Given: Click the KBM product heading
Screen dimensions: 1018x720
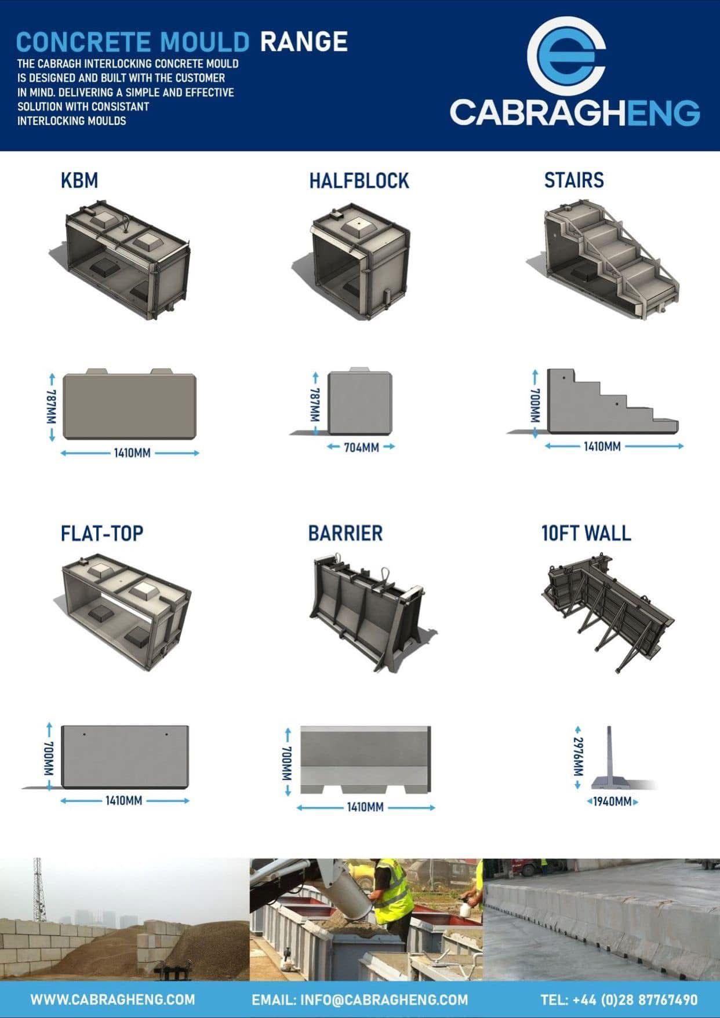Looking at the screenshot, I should (x=79, y=181).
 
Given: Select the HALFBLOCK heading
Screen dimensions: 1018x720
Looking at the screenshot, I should (x=359, y=181).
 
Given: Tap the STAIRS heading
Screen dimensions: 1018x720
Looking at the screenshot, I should (x=573, y=180).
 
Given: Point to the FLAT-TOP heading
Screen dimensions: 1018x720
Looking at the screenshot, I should (x=102, y=533).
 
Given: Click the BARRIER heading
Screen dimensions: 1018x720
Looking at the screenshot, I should (x=345, y=533).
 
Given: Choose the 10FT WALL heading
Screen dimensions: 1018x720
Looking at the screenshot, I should (x=586, y=533).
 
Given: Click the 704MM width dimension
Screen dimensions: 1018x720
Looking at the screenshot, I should (x=361, y=447).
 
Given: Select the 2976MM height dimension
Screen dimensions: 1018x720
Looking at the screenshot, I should (x=578, y=757).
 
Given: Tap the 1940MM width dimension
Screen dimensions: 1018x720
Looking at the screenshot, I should (x=612, y=802).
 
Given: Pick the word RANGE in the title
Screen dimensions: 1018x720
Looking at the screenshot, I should (x=304, y=42).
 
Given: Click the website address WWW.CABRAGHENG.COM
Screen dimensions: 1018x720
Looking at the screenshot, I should (x=112, y=999).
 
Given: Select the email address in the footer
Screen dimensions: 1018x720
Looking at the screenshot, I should (x=359, y=999).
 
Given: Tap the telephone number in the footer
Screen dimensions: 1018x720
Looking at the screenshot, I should (x=619, y=999).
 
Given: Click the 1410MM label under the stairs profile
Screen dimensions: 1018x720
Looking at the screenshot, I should (x=602, y=447).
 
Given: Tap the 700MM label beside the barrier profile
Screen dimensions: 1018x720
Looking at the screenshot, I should (x=288, y=762).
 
